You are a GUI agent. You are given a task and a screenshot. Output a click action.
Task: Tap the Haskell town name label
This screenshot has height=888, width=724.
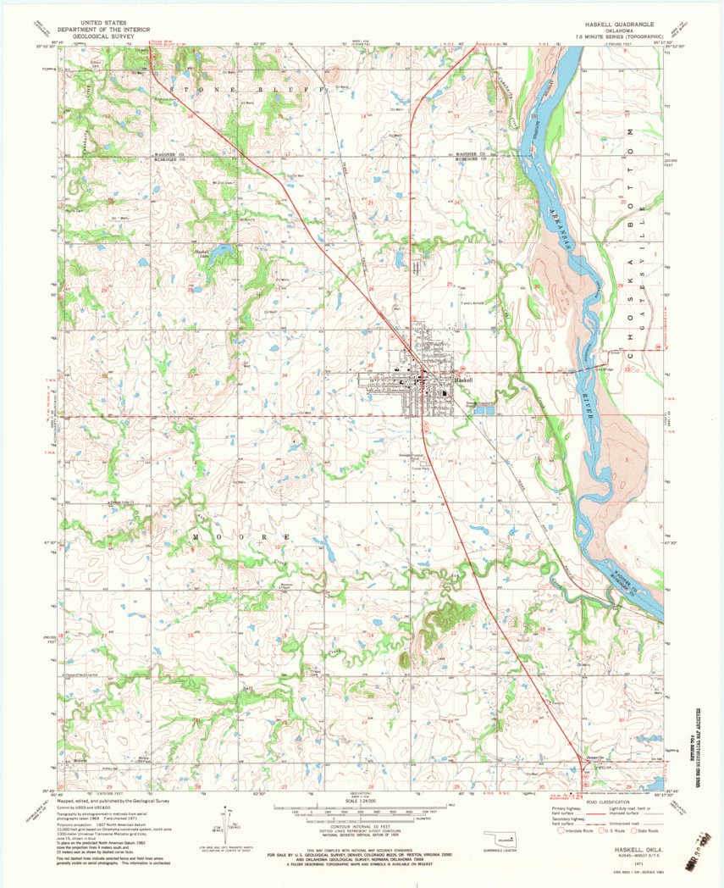(463, 380)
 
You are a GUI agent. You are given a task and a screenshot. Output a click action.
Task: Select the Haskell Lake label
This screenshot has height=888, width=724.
(201, 253)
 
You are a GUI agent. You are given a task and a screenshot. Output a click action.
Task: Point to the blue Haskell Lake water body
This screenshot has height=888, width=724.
(222, 252)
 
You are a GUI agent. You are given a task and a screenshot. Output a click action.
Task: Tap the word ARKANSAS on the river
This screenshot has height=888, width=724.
(561, 227)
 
